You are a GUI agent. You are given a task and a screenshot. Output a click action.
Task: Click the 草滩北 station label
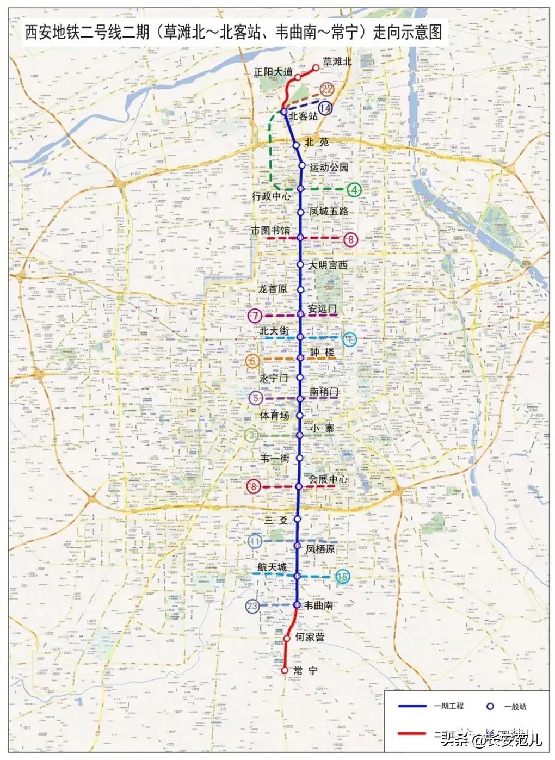pyautogui.click(x=337, y=61)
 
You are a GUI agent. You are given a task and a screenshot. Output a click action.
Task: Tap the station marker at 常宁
pyautogui.click(x=284, y=671)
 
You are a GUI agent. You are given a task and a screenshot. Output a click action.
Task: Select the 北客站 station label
pyautogui.click(x=303, y=116)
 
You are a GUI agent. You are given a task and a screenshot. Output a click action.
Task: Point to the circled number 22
pyautogui.click(x=327, y=89)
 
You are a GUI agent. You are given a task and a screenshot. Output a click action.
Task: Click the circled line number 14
pyautogui.click(x=325, y=108)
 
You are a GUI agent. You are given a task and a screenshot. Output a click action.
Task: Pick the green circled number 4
pyautogui.click(x=354, y=190)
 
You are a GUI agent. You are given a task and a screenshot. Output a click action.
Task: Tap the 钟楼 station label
pyautogui.click(x=322, y=353)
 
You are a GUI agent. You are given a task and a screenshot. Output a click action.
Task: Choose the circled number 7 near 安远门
pyautogui.click(x=254, y=316)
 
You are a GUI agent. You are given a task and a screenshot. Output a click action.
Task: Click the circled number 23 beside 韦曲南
pyautogui.click(x=252, y=606)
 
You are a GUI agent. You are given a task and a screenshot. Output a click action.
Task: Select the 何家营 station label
pyautogui.click(x=309, y=637)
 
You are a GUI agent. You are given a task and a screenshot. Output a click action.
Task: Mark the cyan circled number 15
pyautogui.click(x=342, y=577)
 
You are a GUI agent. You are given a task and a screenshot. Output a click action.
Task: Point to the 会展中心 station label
pyautogui.click(x=328, y=479)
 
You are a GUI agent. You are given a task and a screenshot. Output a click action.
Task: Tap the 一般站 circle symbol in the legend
pyautogui.click(x=490, y=706)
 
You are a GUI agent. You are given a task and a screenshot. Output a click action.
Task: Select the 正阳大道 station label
pyautogui.click(x=273, y=72)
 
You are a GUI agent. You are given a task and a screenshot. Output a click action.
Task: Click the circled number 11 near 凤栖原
pyautogui.click(x=255, y=541)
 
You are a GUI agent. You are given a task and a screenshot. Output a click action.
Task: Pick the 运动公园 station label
pyautogui.click(x=329, y=167)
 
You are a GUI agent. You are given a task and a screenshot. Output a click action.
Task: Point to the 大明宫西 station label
pyautogui.click(x=328, y=265)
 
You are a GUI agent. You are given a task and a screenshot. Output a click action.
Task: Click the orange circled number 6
pyautogui.click(x=252, y=360)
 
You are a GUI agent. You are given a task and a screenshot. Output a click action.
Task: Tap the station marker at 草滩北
pyautogui.click(x=315, y=68)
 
